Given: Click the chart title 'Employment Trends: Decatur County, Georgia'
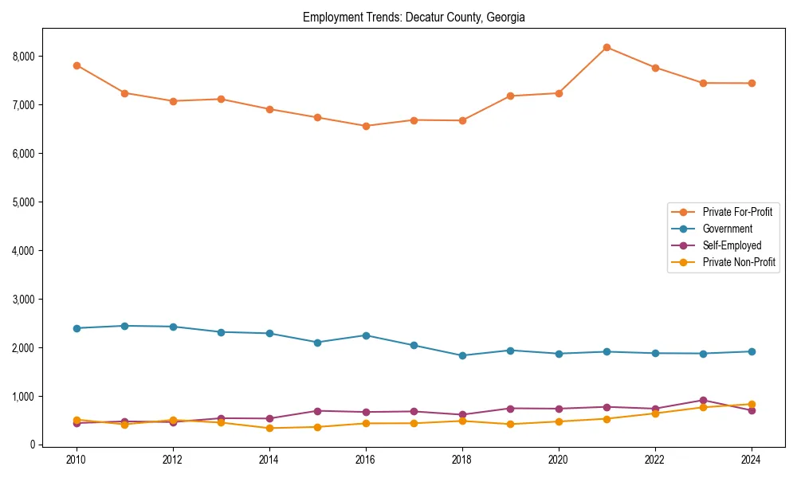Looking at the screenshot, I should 414,17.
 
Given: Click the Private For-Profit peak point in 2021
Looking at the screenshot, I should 607,48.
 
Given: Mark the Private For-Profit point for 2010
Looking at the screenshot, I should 77,65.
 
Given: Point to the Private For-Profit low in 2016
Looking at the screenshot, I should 366,126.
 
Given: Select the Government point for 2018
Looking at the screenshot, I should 462,355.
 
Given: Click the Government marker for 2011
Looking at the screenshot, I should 125,326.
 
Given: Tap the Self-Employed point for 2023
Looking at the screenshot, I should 703,401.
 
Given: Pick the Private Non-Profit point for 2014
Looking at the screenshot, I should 269,428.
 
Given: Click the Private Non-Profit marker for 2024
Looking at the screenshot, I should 752,405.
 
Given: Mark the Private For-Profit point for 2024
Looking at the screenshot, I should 752,83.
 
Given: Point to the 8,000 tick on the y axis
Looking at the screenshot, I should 24,57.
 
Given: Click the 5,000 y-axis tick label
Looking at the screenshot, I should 24,202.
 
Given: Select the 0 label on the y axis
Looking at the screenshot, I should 32,445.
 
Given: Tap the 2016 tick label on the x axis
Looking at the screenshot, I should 366,460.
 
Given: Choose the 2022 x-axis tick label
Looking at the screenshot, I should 655,460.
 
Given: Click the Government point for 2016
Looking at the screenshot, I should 366,335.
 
